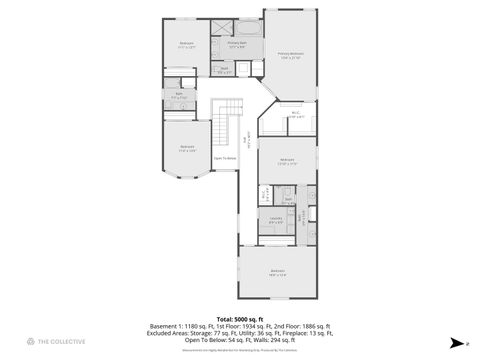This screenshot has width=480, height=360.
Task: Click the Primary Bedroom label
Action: pyautogui.click(x=291, y=55)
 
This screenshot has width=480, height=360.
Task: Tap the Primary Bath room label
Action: pyautogui.click(x=237, y=45)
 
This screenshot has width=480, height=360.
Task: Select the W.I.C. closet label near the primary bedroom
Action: pyautogui.click(x=297, y=115)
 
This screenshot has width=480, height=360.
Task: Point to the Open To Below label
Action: pyautogui.click(x=225, y=158)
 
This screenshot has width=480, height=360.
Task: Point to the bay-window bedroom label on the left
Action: pyautogui.click(x=187, y=148)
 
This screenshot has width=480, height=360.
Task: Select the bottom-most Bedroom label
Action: pyautogui.click(x=277, y=272)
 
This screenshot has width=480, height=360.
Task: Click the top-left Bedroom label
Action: pyautogui.click(x=186, y=44)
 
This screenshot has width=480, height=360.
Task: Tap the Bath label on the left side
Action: pyautogui.click(x=180, y=96)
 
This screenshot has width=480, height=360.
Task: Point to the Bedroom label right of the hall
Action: pyautogui.click(x=287, y=161)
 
